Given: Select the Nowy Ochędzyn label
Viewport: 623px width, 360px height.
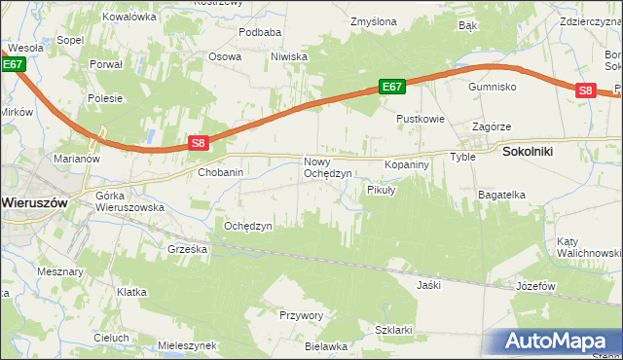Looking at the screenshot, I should point(327,167).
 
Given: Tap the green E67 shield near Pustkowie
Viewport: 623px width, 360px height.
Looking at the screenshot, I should point(391,88).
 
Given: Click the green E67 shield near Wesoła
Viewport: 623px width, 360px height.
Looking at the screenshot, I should point(12,64).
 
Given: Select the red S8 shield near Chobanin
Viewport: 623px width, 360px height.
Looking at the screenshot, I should point(198,143).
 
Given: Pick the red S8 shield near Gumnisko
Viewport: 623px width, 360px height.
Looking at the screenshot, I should point(584,90).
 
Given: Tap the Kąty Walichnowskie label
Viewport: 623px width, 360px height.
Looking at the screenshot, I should point(588,247).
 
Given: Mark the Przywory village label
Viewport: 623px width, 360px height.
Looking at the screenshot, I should point(301,315).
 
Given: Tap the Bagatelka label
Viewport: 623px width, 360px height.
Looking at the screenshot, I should point(501,195).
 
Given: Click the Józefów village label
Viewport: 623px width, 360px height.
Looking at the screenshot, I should point(535,287).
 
